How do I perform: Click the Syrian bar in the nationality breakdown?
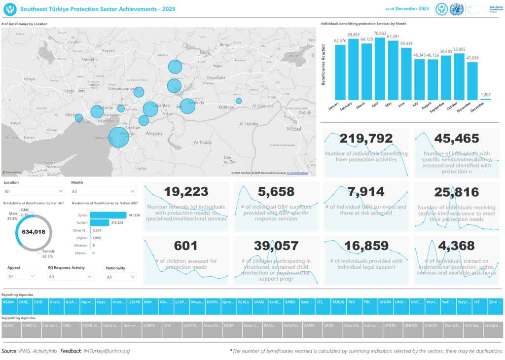tap(108, 215)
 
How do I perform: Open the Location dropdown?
tap(34, 191)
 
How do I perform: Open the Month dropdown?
tap(104, 191)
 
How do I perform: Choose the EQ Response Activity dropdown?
tap(71, 277)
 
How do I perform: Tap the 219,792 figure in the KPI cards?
tap(366, 139)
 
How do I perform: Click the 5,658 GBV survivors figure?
tap(276, 192)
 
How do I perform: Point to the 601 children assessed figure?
tap(186, 246)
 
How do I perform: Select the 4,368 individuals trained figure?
tap(456, 246)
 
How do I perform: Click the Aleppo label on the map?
tap(154, 133)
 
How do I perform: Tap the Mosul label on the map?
tap(294, 129)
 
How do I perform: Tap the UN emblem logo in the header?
tap(457, 9)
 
